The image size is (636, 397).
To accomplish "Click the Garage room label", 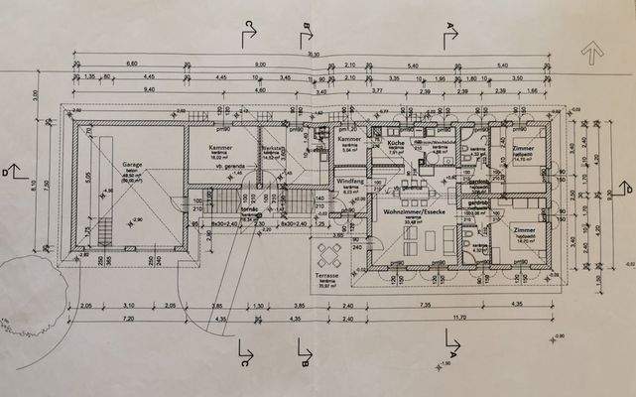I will pyautogui.click(x=132, y=164).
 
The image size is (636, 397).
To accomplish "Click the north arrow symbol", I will pyautogui.click(x=594, y=49).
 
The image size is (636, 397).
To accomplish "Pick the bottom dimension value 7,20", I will pyautogui.click(x=128, y=321).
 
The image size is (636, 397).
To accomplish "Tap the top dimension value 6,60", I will pyautogui.click(x=131, y=64).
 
